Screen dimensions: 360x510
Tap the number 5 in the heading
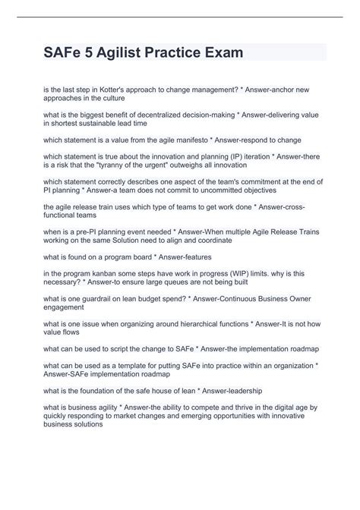point(93,53)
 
